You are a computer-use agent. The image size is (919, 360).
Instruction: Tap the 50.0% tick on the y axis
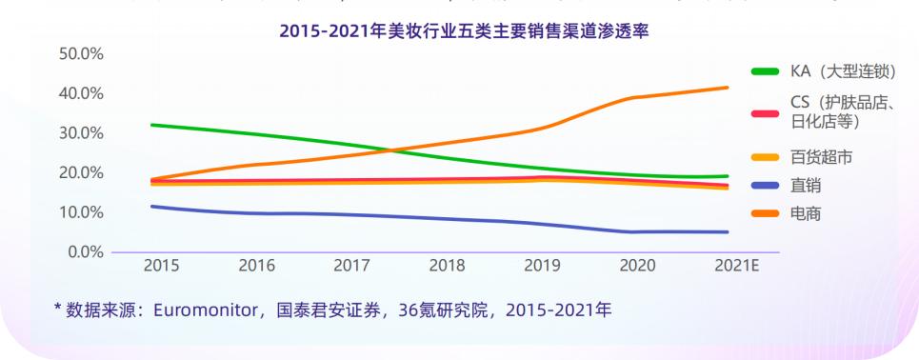tap(81, 54)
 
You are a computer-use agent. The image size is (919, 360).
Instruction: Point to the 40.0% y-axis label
tap(81, 93)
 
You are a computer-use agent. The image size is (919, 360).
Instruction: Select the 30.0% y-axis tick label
tap(81, 133)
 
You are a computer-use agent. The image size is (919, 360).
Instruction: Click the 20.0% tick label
tap(81, 173)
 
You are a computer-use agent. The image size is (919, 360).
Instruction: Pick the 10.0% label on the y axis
tap(81, 212)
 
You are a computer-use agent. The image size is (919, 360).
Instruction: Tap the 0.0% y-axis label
tap(85, 252)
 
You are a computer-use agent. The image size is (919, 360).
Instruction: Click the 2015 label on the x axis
tap(161, 267)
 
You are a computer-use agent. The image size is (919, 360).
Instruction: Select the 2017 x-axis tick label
tap(351, 267)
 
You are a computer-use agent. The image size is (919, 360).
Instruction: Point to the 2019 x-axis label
tap(543, 267)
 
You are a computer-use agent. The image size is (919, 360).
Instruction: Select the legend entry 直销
tap(806, 186)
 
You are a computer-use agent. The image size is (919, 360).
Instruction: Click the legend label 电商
tap(806, 214)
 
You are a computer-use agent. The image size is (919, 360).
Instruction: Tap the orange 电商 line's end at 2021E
tap(728, 88)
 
